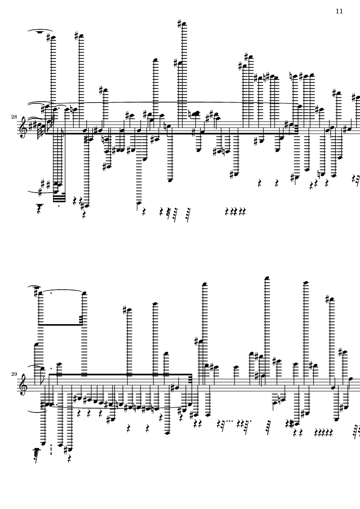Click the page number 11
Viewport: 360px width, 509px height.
tap(339, 11)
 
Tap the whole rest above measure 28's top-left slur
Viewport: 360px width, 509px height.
tap(41, 31)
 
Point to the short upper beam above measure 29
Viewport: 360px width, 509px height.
tap(60, 325)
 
